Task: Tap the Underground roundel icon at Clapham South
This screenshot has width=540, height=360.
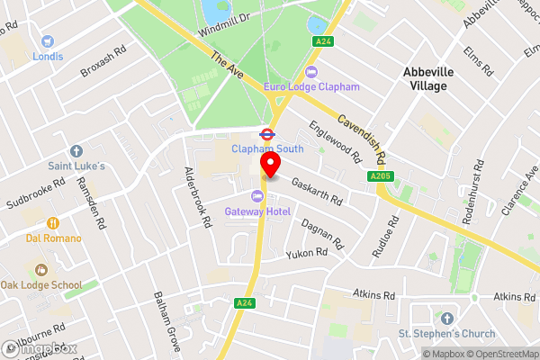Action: pyautogui.click(x=265, y=133)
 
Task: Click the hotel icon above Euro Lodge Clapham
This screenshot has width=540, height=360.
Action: pyautogui.click(x=312, y=72)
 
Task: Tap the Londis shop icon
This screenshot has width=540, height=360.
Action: pyautogui.click(x=47, y=40)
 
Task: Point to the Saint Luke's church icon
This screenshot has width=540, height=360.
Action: pyautogui.click(x=76, y=151)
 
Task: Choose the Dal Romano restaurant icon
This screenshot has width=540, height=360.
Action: pyautogui.click(x=53, y=222)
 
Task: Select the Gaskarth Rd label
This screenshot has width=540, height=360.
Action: pyautogui.click(x=316, y=190)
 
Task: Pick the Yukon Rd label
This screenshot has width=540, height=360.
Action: pyautogui.click(x=306, y=255)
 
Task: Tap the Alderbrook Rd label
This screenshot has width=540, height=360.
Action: pyautogui.click(x=196, y=194)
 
